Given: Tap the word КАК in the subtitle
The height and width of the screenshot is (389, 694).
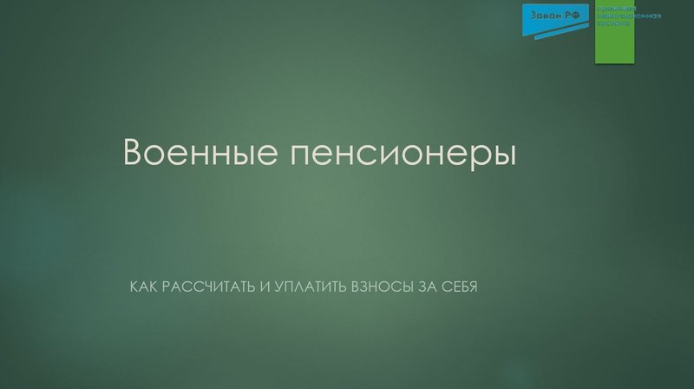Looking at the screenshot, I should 143,286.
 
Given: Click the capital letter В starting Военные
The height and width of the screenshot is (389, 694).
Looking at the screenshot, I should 134,153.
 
